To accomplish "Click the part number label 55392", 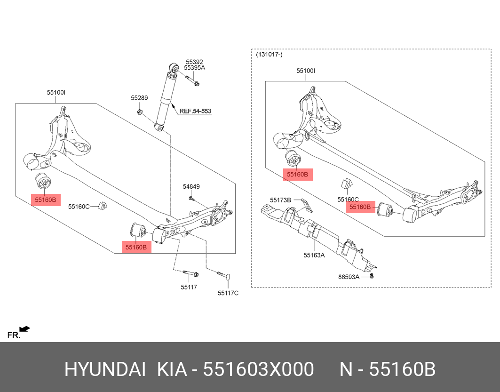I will [x=194, y=62].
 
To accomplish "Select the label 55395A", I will [x=194, y=68].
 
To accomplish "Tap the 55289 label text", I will [x=139, y=98].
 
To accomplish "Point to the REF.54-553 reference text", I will [x=195, y=112].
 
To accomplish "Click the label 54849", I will [x=191, y=186].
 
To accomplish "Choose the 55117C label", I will [x=228, y=293].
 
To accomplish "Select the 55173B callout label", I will [x=280, y=200].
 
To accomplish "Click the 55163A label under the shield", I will [x=314, y=256].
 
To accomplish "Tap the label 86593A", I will [x=349, y=277].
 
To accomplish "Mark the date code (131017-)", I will [x=269, y=55].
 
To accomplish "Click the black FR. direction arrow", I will [x=24, y=329].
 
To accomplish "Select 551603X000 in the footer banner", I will [x=258, y=370].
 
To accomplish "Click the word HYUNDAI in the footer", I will [x=104, y=370].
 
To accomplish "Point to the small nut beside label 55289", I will [x=140, y=112].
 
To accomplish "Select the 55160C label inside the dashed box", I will [x=348, y=200].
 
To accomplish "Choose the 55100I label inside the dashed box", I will [x=306, y=71].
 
